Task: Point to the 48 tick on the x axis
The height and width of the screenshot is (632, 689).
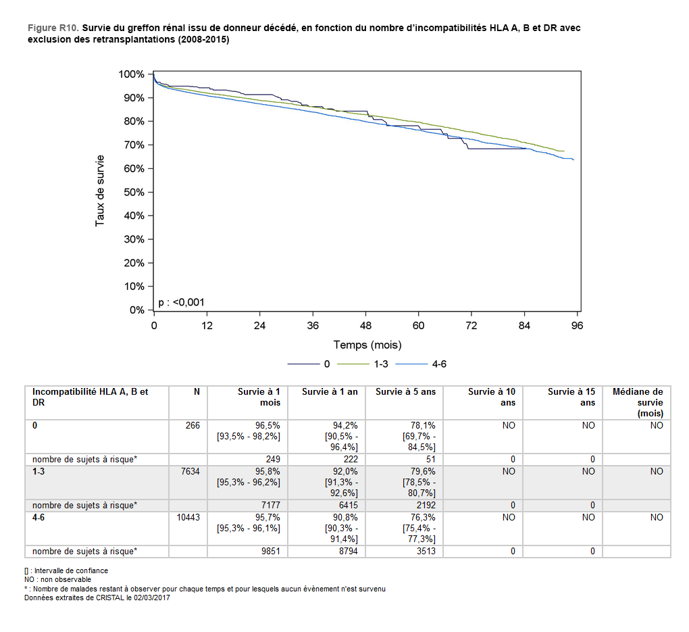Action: pos(365,325)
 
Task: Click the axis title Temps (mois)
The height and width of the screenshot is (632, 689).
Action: pos(367,345)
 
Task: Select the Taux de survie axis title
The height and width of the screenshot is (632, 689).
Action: pos(100,191)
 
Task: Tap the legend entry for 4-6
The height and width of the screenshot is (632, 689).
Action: pos(439,364)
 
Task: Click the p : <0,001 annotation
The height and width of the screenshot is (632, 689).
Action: pos(181,302)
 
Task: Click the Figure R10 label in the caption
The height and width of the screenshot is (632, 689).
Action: pos(53,28)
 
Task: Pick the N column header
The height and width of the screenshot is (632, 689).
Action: pos(197,391)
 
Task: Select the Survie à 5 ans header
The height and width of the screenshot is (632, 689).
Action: pos(405,391)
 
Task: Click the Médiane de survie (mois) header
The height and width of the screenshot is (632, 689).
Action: pos(637,402)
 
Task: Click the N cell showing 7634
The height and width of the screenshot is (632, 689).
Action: pos(190,472)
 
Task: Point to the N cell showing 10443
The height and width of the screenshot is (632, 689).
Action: pos(188,518)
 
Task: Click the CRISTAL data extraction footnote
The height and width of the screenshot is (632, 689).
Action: pos(97,598)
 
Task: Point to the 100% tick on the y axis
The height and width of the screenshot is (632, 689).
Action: pos(132,74)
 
